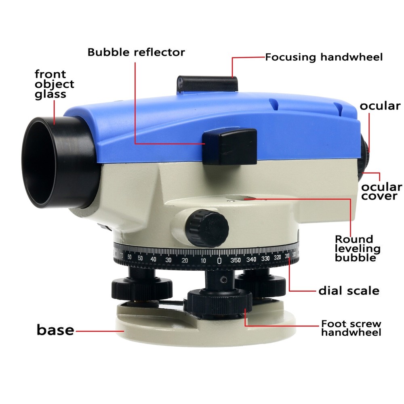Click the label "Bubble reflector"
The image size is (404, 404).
click(136, 52)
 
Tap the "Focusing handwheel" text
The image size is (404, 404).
click(324, 57)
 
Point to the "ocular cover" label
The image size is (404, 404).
click(381, 191)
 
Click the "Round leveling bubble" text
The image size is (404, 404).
click(358, 248)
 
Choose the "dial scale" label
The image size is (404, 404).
click(349, 290)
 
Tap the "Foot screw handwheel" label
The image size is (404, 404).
click(351, 328)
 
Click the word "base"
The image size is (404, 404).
click(55, 330)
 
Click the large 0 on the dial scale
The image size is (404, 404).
click(219, 261)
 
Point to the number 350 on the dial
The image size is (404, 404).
click(236, 260)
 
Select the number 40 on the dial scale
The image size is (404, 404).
click(153, 259)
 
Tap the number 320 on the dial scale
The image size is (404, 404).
click(277, 257)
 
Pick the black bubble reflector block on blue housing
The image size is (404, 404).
click(229, 146)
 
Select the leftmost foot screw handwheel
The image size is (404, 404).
click(142, 288)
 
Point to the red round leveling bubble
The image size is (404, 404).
click(246, 198)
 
